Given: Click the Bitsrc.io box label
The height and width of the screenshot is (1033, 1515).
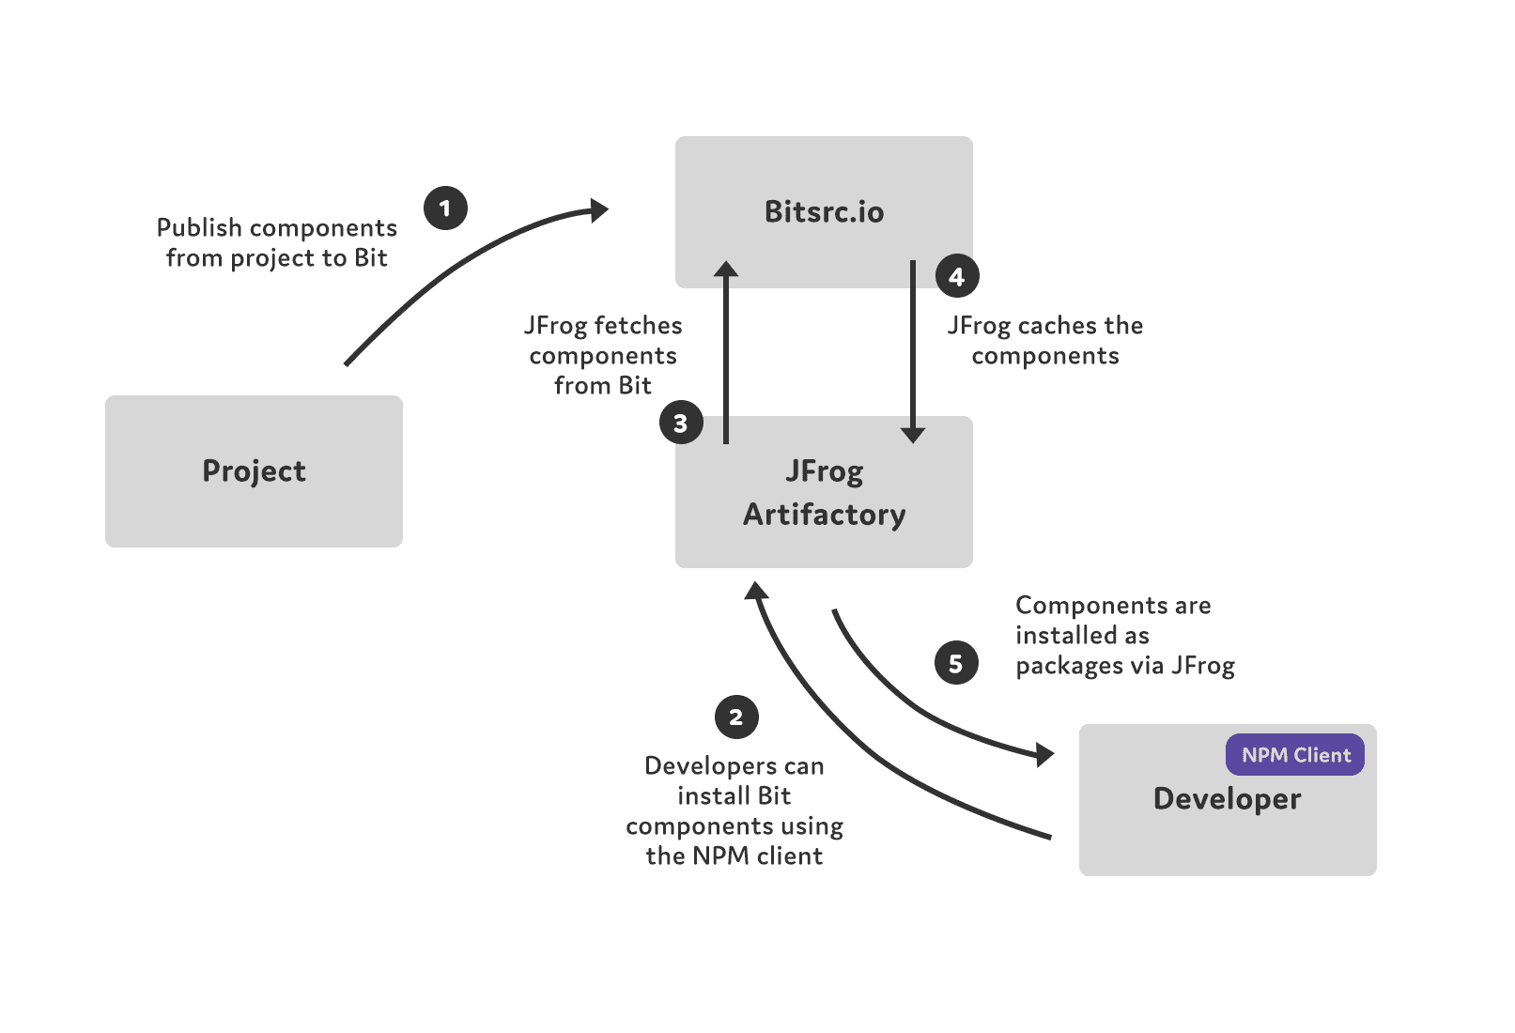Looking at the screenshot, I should click(824, 212).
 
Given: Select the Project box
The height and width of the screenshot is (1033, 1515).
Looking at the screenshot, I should click(254, 470).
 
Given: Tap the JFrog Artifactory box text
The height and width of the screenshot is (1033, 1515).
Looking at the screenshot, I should click(824, 493).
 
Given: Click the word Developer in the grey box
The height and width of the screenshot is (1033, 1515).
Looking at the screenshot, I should click(1227, 799).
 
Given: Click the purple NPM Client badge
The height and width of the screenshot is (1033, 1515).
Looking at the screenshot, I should click(1295, 755).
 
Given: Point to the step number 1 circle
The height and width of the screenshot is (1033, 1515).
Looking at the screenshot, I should click(445, 208).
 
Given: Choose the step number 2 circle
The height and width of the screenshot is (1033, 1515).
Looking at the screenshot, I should click(736, 717).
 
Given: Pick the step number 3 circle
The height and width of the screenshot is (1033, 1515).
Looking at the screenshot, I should click(681, 424).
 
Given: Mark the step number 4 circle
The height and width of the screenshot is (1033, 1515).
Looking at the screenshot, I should click(957, 277).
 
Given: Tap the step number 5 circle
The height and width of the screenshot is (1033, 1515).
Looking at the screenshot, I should click(956, 663).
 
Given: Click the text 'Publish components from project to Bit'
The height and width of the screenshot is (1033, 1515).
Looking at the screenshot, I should click(277, 242).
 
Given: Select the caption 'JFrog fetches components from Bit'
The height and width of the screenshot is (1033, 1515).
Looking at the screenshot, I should click(603, 355).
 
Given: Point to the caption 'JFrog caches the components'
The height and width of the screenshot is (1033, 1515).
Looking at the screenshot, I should click(1044, 340).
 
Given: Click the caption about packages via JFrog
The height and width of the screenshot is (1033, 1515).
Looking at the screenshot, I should click(1123, 635).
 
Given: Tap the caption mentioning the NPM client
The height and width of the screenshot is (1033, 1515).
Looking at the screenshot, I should click(734, 810).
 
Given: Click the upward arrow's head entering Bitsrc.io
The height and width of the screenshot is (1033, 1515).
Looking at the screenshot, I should click(726, 270).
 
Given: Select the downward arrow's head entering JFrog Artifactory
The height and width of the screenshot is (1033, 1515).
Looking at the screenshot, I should click(913, 434).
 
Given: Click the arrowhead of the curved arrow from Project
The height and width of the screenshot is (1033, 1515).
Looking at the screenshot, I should click(598, 210).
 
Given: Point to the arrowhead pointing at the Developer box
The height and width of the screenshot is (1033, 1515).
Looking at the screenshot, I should click(1044, 753).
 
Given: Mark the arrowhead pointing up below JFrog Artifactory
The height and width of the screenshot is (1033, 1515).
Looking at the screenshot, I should click(756, 591).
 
